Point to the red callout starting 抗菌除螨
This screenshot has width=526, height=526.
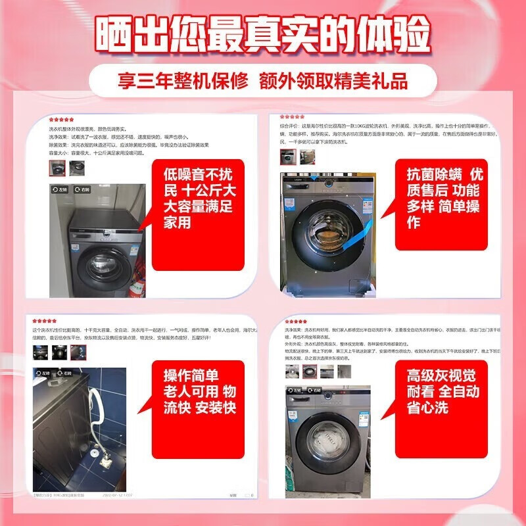coord(444,195)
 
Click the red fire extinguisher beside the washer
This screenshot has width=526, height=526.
coord(137,287)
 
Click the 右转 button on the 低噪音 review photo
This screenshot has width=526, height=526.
coord(82,189)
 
